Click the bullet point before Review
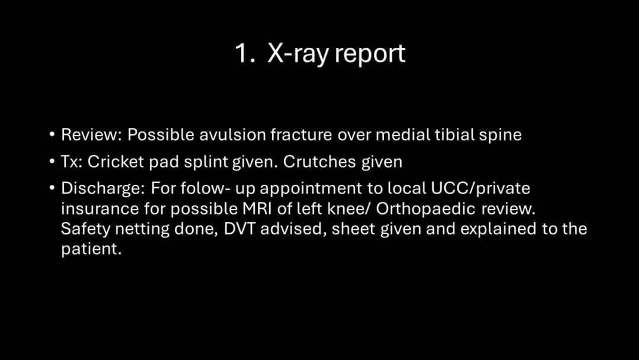click(x=51, y=134)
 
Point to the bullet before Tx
click(x=51, y=162)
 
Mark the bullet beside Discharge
click(x=51, y=188)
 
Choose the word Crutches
click(x=314, y=162)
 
